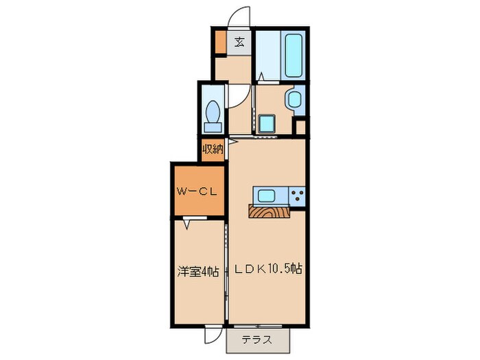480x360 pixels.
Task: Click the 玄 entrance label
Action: pyautogui.click(x=239, y=42)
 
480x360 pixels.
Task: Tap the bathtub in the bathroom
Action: pyautogui.click(x=293, y=56)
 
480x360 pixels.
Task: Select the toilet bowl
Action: pyautogui.click(x=213, y=110)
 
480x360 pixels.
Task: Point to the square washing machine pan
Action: pyautogui.click(x=266, y=124)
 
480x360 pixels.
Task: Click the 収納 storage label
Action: pyautogui.click(x=213, y=148)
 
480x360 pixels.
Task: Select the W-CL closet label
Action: pyautogui.click(x=197, y=191)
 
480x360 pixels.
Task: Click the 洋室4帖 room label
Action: pyautogui.click(x=197, y=271)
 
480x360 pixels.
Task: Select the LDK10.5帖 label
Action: pyautogui.click(x=268, y=269)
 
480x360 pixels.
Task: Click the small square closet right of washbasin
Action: pyautogui.click(x=300, y=127)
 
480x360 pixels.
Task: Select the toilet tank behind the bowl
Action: pyautogui.click(x=213, y=127)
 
